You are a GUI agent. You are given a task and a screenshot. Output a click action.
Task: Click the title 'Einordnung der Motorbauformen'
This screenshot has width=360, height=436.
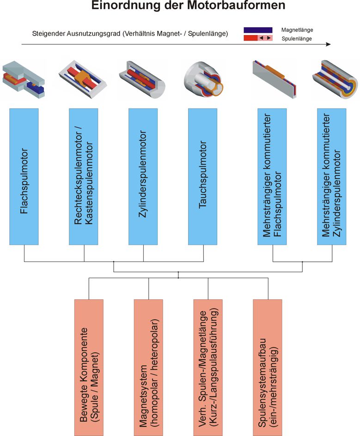[x=189, y=6]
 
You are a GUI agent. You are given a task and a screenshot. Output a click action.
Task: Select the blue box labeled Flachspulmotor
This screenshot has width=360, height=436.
[x=24, y=176]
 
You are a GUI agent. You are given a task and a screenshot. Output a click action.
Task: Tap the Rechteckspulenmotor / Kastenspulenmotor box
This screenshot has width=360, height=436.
[x=84, y=176]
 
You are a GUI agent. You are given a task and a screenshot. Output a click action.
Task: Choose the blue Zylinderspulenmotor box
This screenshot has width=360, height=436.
[x=143, y=176]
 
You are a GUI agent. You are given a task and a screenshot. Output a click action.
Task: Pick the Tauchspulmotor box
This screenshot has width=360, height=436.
[x=203, y=176]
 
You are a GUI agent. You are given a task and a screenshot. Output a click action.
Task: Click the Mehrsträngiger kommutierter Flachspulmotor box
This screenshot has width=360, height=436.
[x=272, y=176]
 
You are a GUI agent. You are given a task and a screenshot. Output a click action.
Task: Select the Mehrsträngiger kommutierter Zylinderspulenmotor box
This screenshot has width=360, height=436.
[x=332, y=176]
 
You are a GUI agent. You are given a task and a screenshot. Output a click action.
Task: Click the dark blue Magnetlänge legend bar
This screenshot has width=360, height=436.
[x=258, y=30]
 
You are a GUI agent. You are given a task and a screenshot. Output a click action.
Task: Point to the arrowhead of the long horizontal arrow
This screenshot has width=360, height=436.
[x=329, y=45]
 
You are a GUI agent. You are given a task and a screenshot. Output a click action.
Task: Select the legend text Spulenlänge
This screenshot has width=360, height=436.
[x=296, y=39]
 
